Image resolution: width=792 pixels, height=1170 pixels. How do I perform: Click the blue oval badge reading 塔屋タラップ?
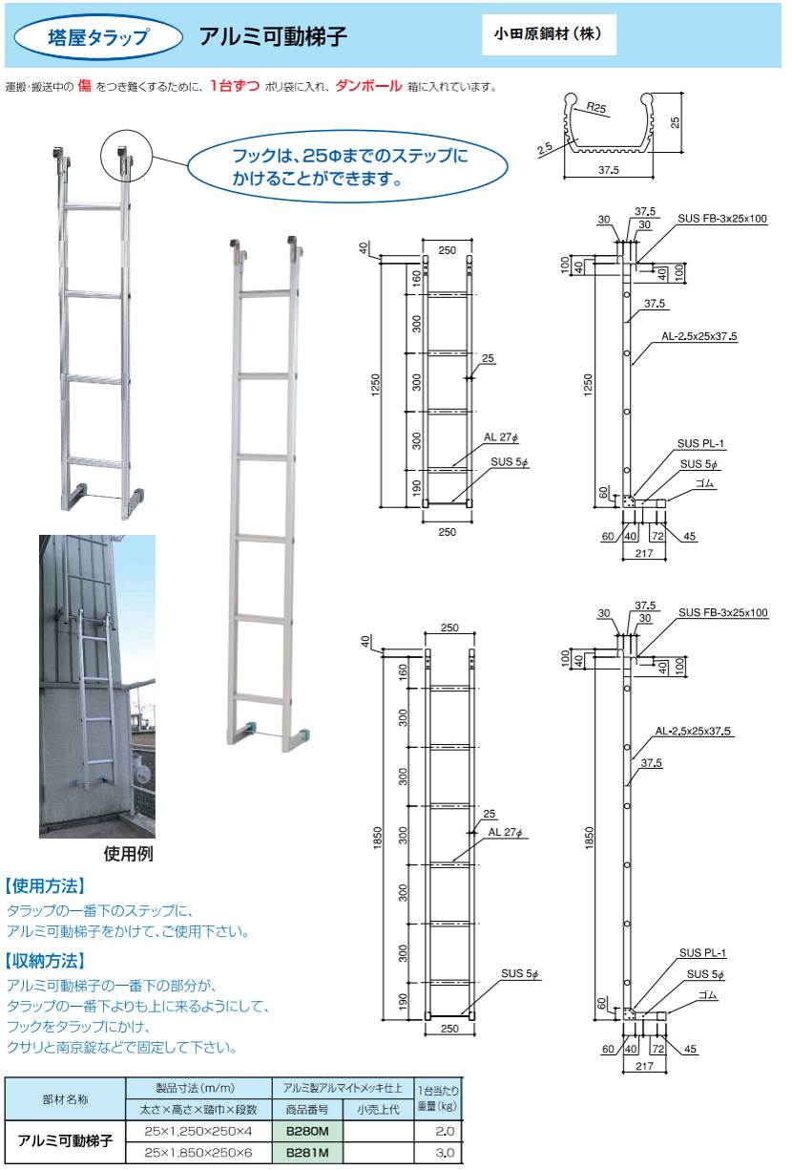point(99,38)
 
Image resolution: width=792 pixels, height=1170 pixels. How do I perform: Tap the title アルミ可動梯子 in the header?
point(272,37)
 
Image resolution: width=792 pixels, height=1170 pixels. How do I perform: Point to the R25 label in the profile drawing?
point(598,109)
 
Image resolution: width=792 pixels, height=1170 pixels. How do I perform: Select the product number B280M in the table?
point(306,1130)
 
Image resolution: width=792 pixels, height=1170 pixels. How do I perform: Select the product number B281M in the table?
point(306,1152)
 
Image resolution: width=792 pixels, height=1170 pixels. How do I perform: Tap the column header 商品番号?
point(306,1109)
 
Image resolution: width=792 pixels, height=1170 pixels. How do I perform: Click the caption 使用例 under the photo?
point(127,854)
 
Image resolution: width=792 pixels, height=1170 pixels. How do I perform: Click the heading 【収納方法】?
point(46,960)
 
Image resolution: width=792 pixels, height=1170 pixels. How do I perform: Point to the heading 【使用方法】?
point(46,885)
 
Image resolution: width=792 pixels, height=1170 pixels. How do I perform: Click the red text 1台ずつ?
point(235,86)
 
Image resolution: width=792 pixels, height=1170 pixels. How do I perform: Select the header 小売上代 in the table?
point(378,1109)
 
